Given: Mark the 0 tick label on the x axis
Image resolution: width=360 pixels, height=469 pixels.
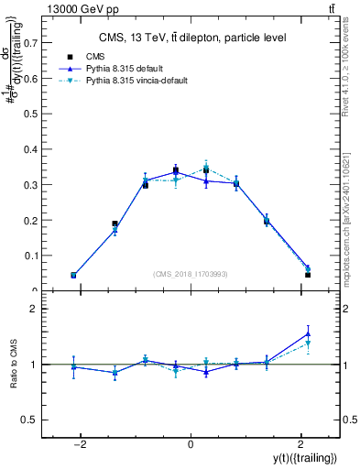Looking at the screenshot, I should tap(191, 444).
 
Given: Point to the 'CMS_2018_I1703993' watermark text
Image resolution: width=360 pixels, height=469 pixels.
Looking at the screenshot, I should tap(191, 274).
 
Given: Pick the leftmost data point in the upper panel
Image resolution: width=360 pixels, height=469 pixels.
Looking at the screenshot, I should tap(73, 275).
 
